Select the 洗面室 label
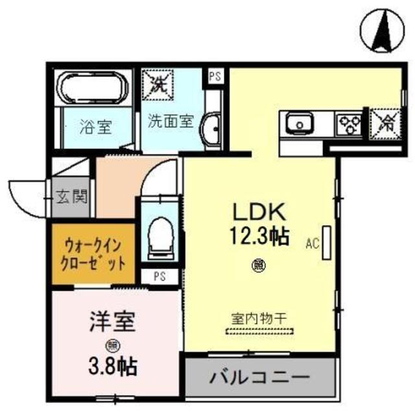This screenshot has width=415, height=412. click(171, 120)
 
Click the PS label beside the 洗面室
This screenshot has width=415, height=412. click(215, 75)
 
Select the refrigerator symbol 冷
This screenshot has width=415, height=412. click(385, 122)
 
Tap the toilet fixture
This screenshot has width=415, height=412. click(158, 238)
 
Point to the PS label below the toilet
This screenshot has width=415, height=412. click(159, 276)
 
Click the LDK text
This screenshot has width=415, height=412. click(256, 211)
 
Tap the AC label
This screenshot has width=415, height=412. click(313, 244)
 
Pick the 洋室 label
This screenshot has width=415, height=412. click(112, 322)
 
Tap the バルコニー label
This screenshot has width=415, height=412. click(259, 377)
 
